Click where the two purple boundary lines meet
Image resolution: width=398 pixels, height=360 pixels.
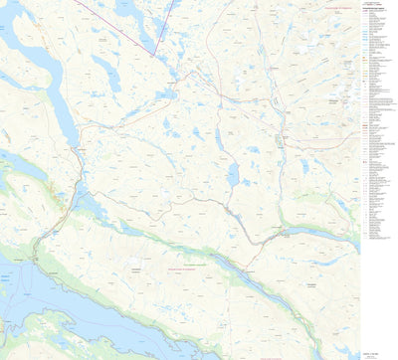tap(155, 54)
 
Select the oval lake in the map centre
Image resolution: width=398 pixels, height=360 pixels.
tap(232, 176)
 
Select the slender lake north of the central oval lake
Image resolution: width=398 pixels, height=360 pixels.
tap(218, 139)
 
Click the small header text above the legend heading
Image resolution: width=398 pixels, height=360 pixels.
tap(374, 4)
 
